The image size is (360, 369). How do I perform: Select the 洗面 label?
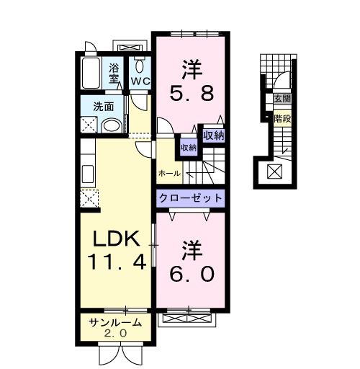tap(103, 107)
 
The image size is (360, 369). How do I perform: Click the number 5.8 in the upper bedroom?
tap(190, 93)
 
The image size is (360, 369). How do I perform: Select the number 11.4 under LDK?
tap(117, 260)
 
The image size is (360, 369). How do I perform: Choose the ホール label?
tap(169, 174)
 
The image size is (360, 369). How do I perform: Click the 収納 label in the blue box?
tap(188, 146)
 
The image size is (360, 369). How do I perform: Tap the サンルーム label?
tap(114, 322)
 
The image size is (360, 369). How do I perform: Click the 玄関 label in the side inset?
tap(281, 99)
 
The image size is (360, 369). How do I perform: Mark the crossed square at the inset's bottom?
tap(274, 171)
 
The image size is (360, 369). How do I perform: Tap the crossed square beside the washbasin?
tap(90, 125)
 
